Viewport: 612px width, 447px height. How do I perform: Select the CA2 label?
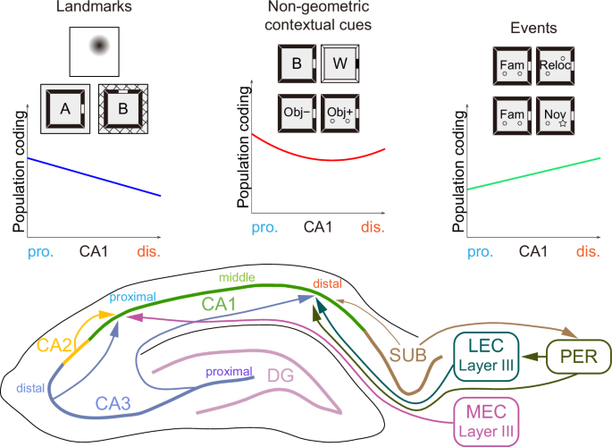tap(54, 346)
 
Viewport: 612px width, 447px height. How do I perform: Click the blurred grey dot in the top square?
tap(96, 46)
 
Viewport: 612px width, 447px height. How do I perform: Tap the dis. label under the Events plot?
tap(588, 252)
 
